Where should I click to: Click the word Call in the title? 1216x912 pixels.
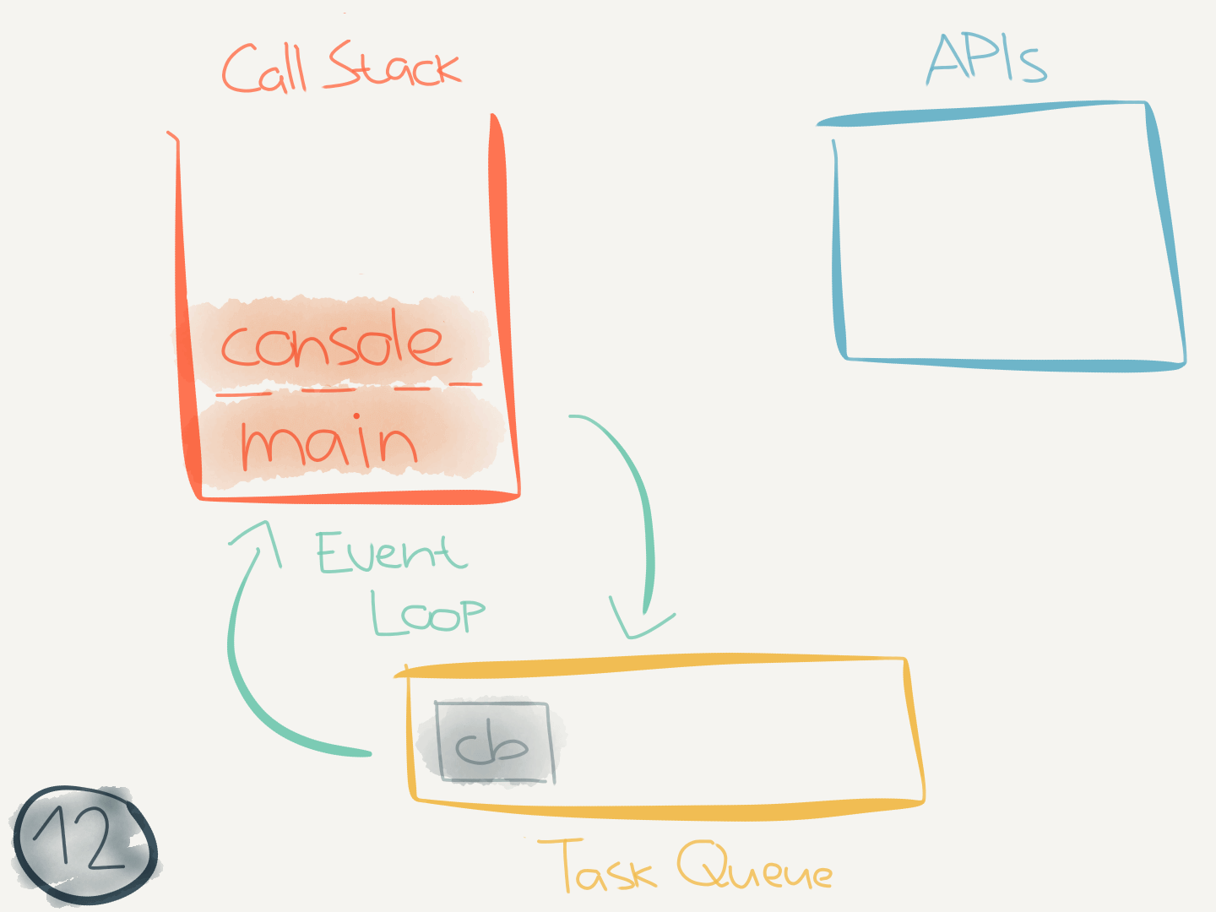click(x=263, y=69)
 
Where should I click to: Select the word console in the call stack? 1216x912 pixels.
click(x=332, y=343)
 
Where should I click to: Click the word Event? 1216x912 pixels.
click(x=391, y=553)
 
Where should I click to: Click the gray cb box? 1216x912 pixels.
click(x=493, y=742)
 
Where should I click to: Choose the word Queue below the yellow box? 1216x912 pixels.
click(x=754, y=868)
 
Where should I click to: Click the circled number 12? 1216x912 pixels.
click(x=83, y=843)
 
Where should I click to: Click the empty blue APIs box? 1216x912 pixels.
click(x=1005, y=241)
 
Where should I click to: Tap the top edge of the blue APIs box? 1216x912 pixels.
click(x=980, y=112)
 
